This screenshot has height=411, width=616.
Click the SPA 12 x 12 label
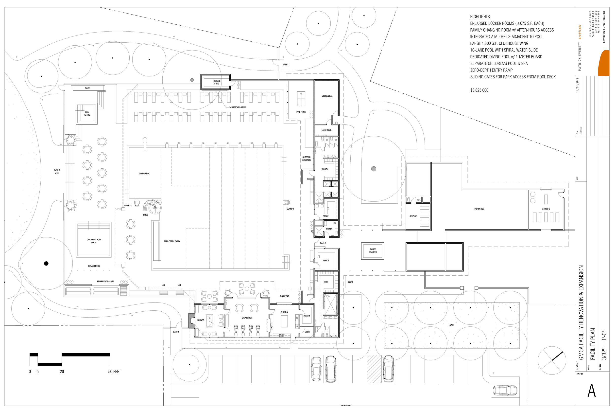click(x=87, y=113)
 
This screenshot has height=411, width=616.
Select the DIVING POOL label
click(x=144, y=174)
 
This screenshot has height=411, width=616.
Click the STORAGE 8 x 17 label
click(x=217, y=82)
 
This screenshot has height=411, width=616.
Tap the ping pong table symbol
click(x=301, y=99)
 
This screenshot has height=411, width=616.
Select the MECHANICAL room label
click(x=327, y=96)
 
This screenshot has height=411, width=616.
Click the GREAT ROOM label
click(x=247, y=318)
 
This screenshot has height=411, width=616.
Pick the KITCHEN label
click(x=284, y=312)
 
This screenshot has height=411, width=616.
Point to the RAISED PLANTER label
click(x=373, y=251)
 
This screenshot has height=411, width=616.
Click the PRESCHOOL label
click(x=479, y=209)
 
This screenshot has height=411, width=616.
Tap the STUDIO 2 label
click(x=546, y=209)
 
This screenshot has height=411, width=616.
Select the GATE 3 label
click(x=285, y=65)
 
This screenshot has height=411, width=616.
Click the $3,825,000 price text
click(x=479, y=90)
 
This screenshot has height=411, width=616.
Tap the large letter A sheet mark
click(x=591, y=391)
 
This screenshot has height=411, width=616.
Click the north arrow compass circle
click(x=552, y=361)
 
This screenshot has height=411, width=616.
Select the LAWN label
click(x=451, y=325)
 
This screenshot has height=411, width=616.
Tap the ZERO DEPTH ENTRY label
click(x=172, y=241)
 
